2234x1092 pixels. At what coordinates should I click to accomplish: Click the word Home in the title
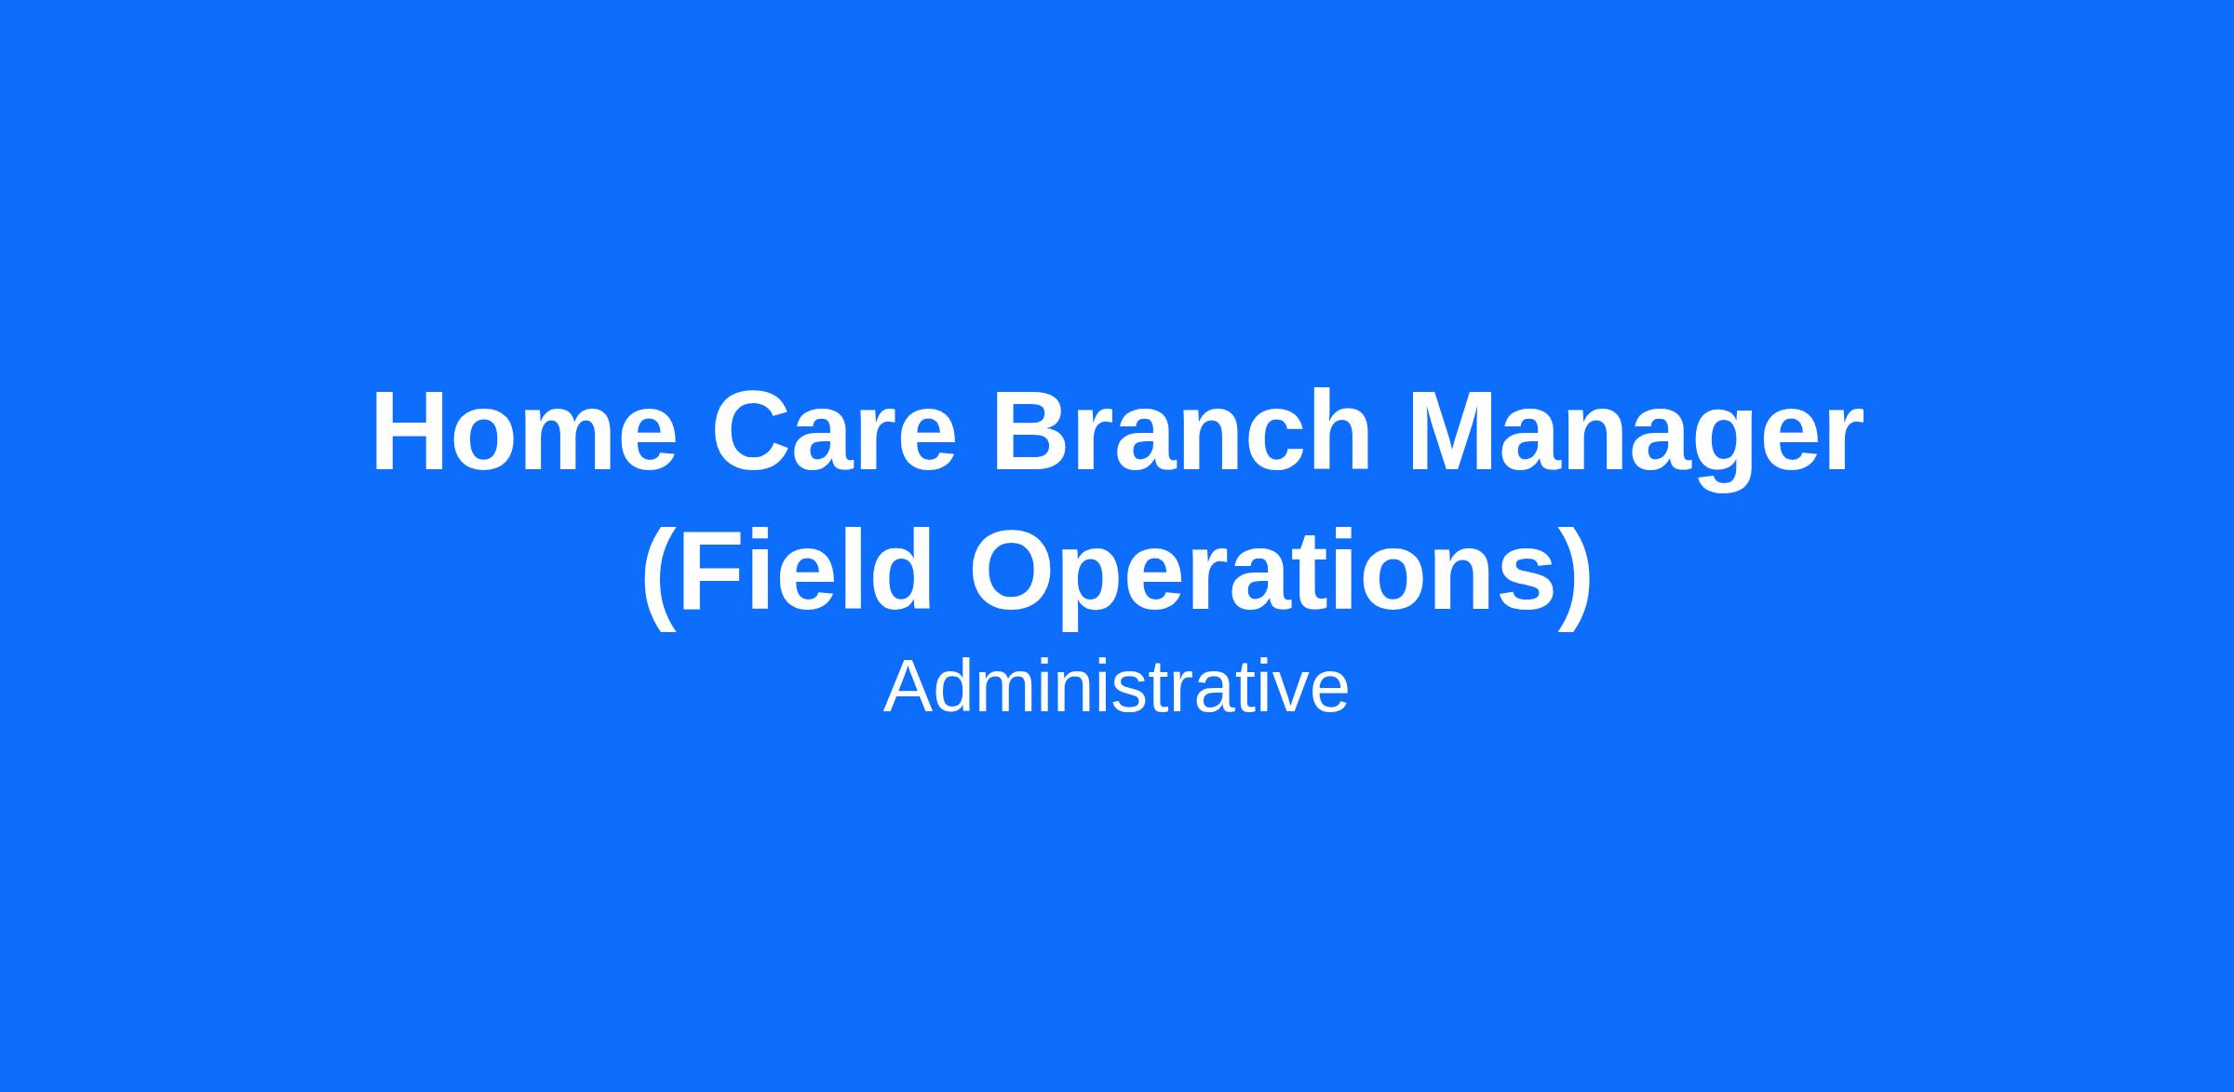click(524, 432)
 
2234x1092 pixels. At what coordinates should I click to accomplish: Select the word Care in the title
click(834, 432)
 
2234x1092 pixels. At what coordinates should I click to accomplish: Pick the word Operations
click(1262, 577)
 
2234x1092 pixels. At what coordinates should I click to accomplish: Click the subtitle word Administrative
click(1116, 687)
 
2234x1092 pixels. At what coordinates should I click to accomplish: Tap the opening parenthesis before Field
click(658, 577)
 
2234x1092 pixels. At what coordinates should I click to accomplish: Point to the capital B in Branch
click(1031, 432)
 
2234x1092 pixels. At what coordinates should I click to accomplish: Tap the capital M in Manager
click(1456, 432)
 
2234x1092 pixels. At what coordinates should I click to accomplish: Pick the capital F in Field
click(712, 570)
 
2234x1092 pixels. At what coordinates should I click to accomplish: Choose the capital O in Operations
click(1016, 570)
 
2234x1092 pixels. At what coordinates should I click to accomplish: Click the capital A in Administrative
click(910, 687)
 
